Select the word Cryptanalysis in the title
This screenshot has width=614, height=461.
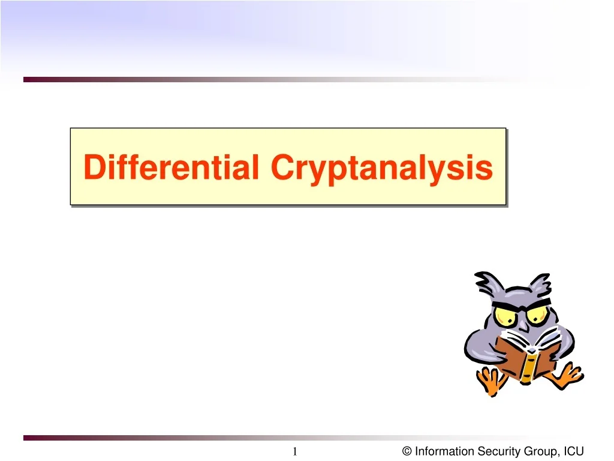[x=381, y=168]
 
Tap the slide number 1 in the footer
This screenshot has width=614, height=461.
[x=295, y=451]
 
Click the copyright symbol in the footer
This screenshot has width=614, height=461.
[x=407, y=451]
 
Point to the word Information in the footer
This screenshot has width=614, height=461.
[x=443, y=451]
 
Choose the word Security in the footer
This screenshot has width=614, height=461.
[x=494, y=451]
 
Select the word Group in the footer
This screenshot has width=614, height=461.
[x=535, y=451]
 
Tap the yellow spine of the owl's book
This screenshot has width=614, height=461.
[x=529, y=366]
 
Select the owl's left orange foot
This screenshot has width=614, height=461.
[x=491, y=381]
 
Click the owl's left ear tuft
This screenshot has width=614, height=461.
[x=486, y=282]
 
